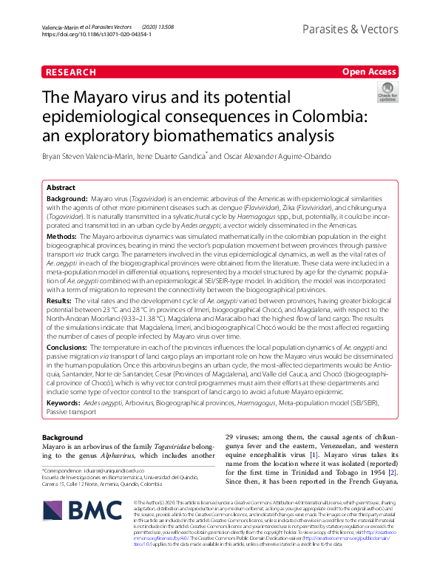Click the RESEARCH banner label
[x=71, y=72]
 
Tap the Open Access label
[x=369, y=72]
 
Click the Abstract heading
[x=62, y=188]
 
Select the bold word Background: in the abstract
[x=67, y=200]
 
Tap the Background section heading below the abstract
[x=63, y=438]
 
